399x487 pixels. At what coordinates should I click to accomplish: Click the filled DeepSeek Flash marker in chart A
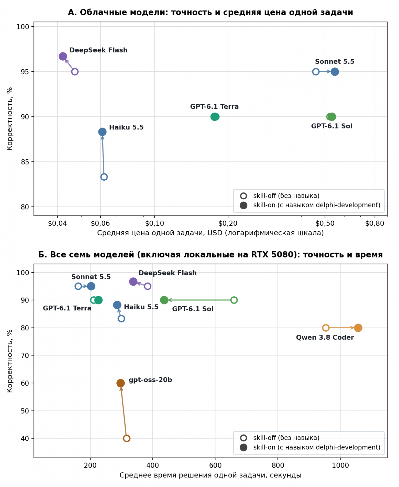point(63,56)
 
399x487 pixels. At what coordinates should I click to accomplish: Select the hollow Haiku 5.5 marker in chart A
point(104,177)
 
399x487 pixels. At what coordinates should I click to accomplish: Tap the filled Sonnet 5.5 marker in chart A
point(335,72)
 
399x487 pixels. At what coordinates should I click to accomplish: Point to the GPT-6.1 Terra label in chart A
point(214,107)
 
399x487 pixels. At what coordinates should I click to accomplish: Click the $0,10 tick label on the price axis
point(154,223)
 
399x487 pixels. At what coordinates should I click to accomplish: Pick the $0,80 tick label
point(375,223)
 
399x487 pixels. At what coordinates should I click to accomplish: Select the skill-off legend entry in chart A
point(280,196)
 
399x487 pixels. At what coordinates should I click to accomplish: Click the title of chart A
point(210,12)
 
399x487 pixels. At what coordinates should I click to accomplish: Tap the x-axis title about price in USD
point(210,233)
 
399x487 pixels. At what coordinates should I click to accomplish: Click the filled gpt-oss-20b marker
point(120,383)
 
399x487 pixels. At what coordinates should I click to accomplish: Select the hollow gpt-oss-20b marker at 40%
point(127,438)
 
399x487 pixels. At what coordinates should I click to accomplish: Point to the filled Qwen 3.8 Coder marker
point(358,328)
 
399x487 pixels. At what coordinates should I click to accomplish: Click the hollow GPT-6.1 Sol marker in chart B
point(234,300)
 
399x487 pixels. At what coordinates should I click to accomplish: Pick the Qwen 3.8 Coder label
point(325,338)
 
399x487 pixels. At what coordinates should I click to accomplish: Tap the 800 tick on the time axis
point(278,465)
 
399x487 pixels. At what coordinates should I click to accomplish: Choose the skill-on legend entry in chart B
point(310,447)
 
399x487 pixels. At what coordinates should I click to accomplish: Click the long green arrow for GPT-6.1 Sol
point(201,300)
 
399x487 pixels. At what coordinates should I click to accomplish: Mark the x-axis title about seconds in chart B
point(210,475)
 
